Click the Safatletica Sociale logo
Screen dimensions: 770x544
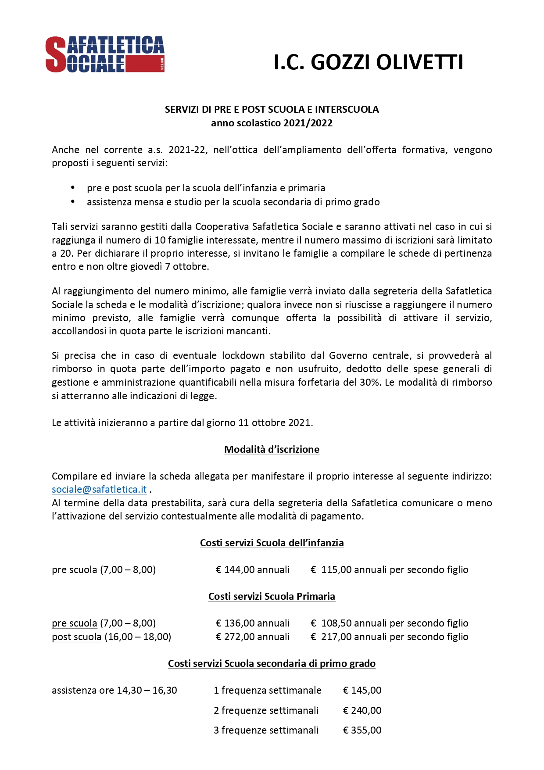pos(105,54)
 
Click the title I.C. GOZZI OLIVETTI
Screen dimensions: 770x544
pos(368,62)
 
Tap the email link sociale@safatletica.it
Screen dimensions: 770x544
pos(99,490)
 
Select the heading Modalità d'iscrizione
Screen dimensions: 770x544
pos(272,450)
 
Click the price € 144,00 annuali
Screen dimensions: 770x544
pos(253,570)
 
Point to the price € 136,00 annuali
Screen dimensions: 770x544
pos(253,623)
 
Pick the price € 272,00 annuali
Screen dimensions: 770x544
pos(253,637)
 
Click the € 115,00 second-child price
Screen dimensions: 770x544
pos(389,570)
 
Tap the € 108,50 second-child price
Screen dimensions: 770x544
pos(389,623)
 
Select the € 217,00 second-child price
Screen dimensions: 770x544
pos(389,637)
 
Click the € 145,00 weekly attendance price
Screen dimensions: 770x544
pos(362,691)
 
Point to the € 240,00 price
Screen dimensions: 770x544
pos(362,711)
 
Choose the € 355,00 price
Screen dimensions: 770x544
pos(362,731)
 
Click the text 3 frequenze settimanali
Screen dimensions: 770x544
pos(266,731)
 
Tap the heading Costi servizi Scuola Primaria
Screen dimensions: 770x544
pos(272,597)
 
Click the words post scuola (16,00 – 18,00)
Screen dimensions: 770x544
pos(111,637)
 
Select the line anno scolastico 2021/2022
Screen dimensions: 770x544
pos(272,123)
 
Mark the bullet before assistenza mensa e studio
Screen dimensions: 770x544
pos(73,202)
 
